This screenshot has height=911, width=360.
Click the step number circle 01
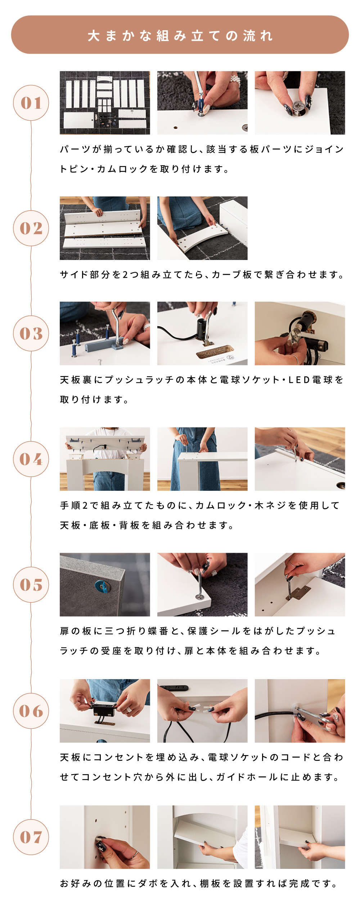pyautogui.click(x=31, y=103)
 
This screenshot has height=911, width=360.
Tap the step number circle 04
pyautogui.click(x=31, y=459)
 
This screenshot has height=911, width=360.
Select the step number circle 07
pyautogui.click(x=31, y=837)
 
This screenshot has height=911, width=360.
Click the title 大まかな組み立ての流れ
pyautogui.click(x=180, y=36)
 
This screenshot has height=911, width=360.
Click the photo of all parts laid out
pyautogui.click(x=105, y=103)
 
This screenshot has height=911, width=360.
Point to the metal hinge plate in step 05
pyautogui.click(x=298, y=592)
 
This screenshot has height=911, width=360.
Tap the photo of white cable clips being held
pyautogui.click(x=202, y=711)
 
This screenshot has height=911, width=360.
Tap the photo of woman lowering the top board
pyautogui.click(x=105, y=459)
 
